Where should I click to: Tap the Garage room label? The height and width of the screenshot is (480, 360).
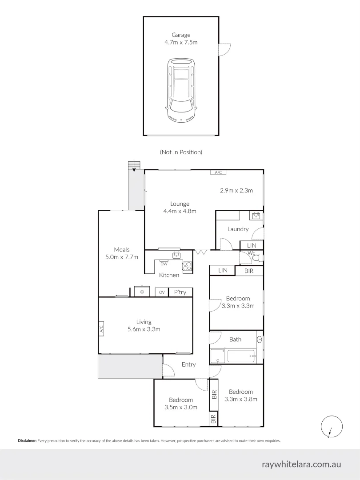pos(181,35)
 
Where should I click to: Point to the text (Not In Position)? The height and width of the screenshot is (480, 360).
pos(181,152)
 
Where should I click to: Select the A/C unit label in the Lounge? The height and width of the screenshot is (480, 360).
pos(218,172)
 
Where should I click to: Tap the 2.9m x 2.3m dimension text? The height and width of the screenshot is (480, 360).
pos(236,191)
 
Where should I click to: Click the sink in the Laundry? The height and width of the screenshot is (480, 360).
pos(256,216)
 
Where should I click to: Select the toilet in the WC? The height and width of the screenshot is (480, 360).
pos(260,257)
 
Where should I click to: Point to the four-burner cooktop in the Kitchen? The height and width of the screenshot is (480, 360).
pos(187,266)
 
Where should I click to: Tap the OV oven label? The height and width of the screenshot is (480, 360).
pos(162,292)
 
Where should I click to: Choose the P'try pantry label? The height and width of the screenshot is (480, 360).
pos(180,292)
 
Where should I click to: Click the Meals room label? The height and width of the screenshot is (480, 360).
pos(121,249)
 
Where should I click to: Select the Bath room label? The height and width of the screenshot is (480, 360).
pos(235,339)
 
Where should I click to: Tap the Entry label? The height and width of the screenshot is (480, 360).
pos(188,364)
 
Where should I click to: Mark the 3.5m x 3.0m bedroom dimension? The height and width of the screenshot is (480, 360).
pos(181,407)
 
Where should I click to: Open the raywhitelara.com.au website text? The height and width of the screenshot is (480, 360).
pos(302,464)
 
